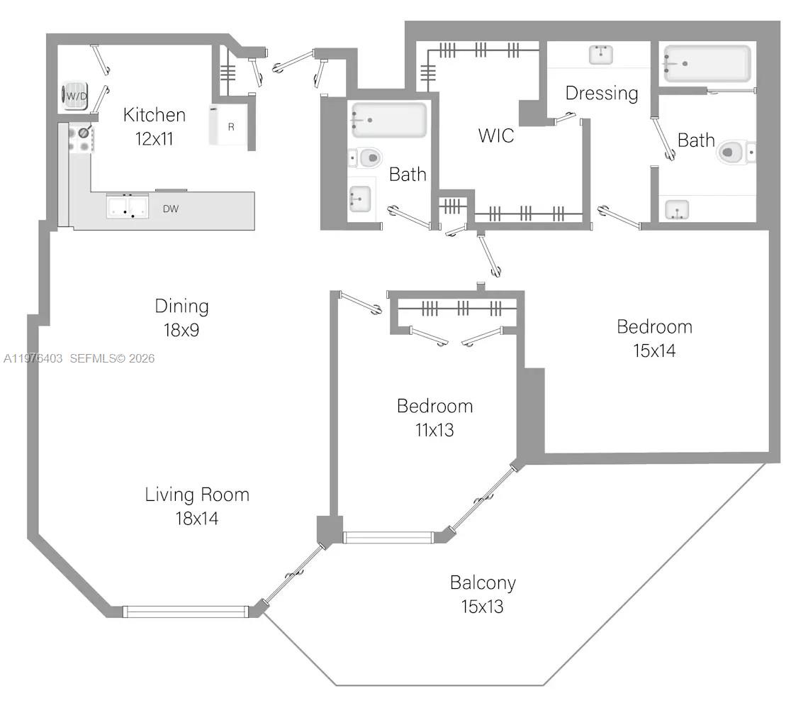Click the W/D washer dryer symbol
point(75,96)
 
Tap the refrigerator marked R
point(228,126)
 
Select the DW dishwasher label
point(170,209)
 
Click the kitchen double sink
point(127,206)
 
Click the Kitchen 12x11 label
point(155,126)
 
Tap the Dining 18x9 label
point(181,318)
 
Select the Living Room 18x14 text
point(197,506)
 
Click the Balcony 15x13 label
point(483,595)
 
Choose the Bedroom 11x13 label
point(434,417)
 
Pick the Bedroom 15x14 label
point(654,338)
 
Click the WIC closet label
point(495,136)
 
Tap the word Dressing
point(602,93)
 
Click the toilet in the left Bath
point(368,158)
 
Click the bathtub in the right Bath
point(707,64)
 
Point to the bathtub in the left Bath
point(390,120)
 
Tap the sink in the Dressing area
point(601,54)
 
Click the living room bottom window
point(185,611)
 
